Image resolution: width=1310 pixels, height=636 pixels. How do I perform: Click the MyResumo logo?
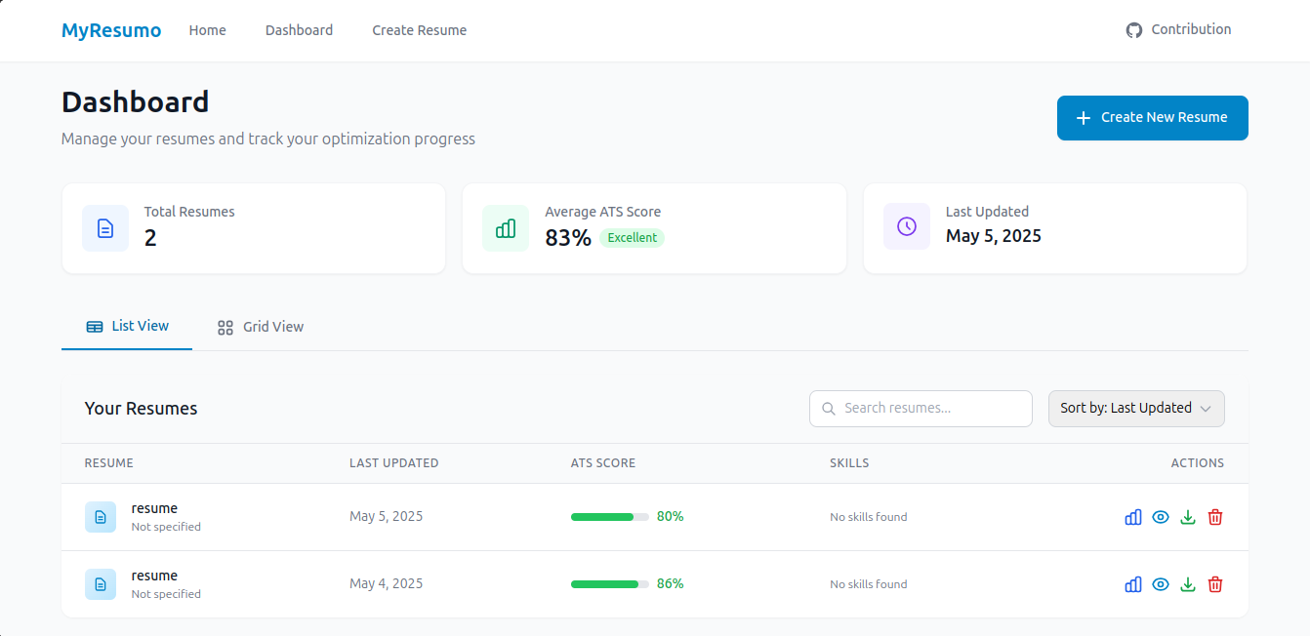click(111, 30)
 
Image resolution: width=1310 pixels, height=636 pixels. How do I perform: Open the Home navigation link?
click(207, 30)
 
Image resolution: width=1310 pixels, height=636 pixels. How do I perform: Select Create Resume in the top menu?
click(419, 30)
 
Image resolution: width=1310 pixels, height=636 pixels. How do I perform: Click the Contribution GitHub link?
click(1178, 30)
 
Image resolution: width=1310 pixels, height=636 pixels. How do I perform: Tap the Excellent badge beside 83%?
click(632, 238)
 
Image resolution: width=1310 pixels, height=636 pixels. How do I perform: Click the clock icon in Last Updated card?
click(906, 226)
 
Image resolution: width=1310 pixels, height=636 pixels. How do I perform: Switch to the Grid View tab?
click(261, 327)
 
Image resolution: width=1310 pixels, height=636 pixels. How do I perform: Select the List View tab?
click(127, 326)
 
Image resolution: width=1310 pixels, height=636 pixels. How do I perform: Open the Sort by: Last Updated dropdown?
click(1135, 409)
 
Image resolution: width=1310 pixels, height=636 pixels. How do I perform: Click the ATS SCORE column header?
click(602, 463)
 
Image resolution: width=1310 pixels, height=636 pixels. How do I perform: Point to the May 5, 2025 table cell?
click(386, 517)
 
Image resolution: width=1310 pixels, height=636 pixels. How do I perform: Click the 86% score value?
click(670, 584)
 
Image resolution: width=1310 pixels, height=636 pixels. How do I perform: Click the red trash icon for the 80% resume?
click(1214, 517)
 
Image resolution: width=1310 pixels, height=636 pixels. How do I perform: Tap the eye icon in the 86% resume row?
click(1160, 584)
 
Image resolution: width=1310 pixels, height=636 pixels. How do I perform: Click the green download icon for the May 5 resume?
click(1187, 517)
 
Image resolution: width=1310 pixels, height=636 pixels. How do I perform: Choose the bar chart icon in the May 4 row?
click(1132, 584)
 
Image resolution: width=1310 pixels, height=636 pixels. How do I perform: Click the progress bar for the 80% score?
click(609, 517)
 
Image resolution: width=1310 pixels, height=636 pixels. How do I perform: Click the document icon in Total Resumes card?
click(105, 228)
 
